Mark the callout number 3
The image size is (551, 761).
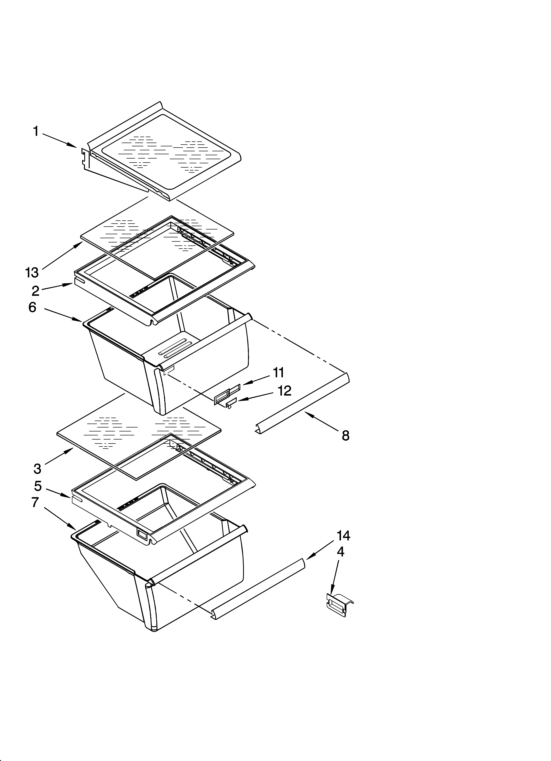click(38, 468)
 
